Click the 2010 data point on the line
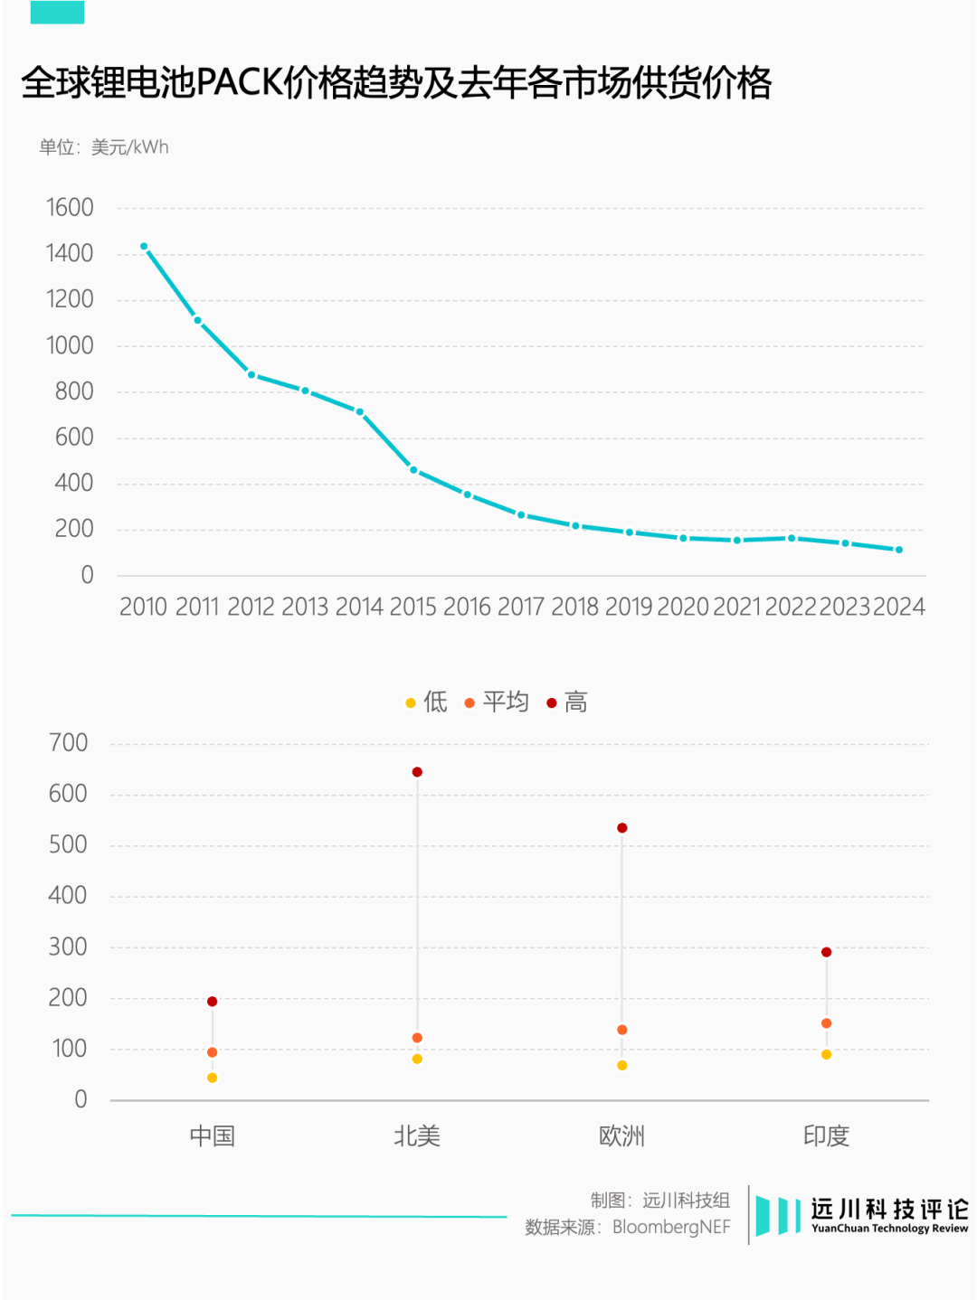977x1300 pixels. (144, 246)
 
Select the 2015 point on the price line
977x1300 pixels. (413, 470)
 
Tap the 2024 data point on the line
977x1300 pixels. (899, 550)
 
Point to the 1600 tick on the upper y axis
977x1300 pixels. (70, 208)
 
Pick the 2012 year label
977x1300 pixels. (251, 607)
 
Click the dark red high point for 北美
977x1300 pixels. (417, 772)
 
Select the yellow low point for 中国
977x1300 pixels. (213, 1078)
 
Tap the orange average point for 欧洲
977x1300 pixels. (622, 1030)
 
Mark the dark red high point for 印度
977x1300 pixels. (826, 952)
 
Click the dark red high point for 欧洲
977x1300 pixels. (622, 828)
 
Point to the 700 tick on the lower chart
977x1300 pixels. (69, 743)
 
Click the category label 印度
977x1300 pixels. (826, 1135)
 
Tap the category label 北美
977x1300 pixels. (417, 1135)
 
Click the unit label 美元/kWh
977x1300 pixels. (130, 147)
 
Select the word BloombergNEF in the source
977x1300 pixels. (671, 1227)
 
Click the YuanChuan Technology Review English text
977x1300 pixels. (889, 1229)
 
